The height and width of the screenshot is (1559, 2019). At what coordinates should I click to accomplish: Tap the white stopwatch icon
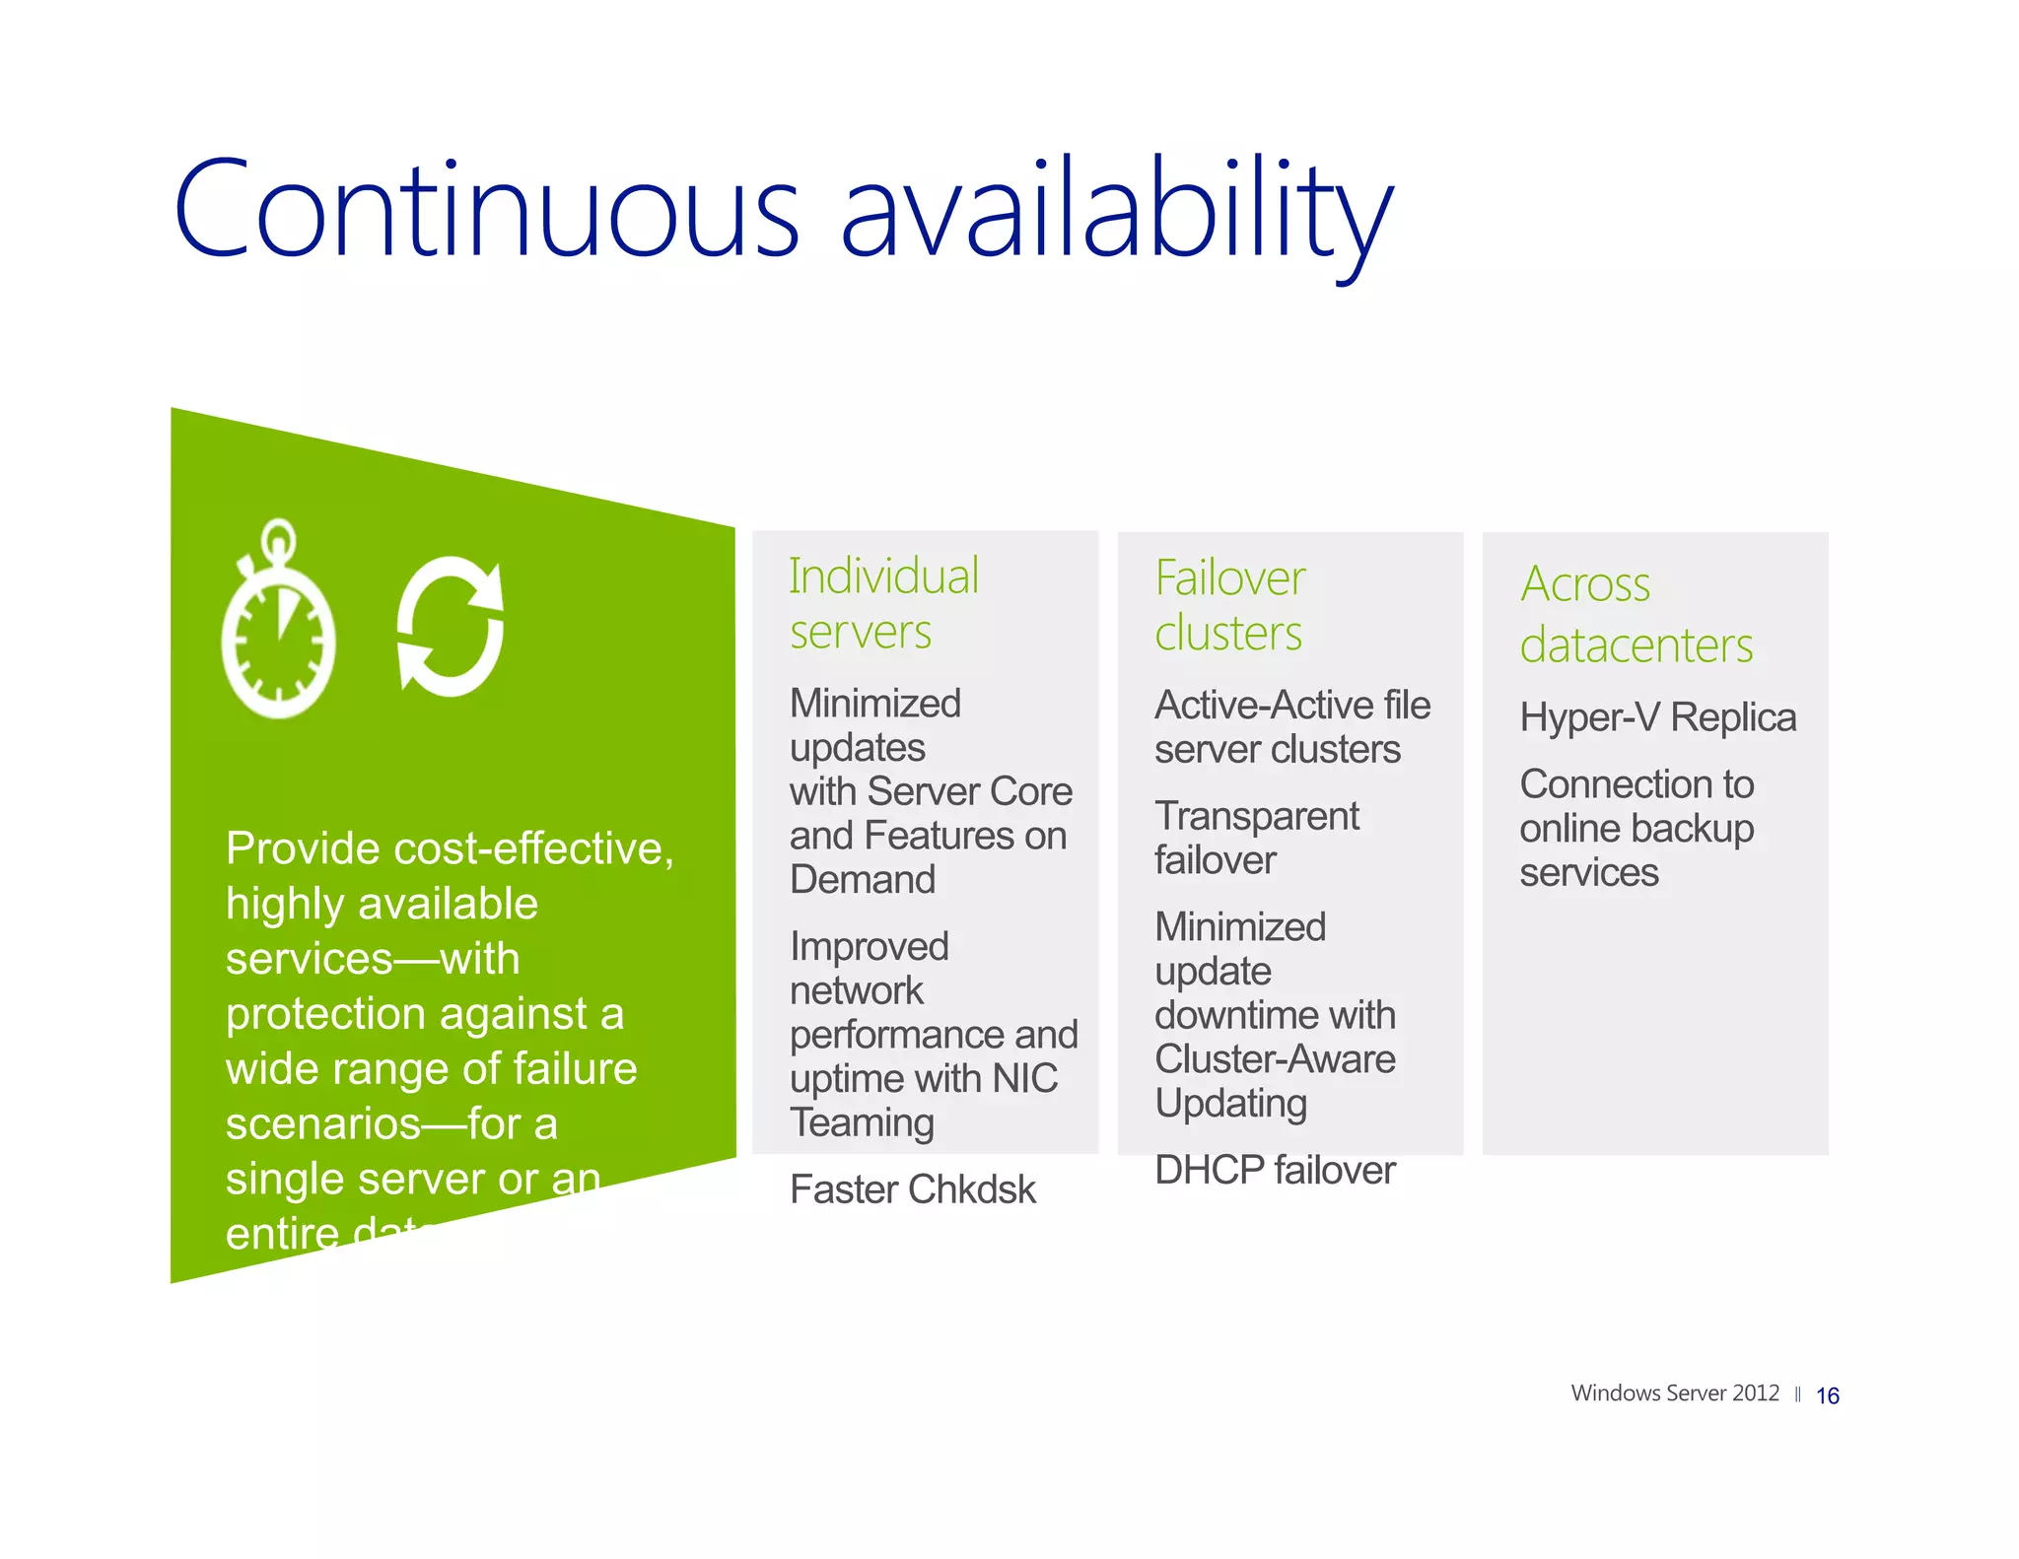279,621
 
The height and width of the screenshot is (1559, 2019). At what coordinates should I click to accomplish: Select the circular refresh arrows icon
451,627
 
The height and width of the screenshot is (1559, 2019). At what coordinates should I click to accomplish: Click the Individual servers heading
883,603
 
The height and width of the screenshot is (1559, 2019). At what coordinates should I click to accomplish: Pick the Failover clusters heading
1229,605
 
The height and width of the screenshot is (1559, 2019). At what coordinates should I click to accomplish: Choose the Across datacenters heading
1636,614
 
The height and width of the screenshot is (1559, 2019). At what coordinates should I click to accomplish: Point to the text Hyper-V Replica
1657,717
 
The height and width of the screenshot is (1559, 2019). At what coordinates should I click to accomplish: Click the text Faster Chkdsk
912,1189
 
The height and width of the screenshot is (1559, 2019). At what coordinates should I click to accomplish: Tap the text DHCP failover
1274,1170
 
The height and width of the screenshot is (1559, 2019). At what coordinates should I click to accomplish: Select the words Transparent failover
1256,838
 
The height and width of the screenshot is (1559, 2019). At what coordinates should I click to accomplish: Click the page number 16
1827,1395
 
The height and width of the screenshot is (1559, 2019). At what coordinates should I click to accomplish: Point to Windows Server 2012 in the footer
1674,1392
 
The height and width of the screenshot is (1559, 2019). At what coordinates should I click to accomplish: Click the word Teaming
862,1122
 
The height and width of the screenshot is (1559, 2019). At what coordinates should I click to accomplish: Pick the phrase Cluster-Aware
1274,1059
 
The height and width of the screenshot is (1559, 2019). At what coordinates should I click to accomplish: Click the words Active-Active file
1291,706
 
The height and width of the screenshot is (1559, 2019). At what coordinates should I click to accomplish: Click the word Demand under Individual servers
862,879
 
